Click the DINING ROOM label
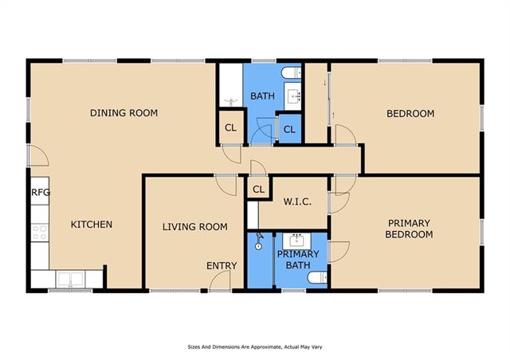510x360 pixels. point(124,113)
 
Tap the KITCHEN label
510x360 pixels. point(92,225)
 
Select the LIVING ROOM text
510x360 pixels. point(194,227)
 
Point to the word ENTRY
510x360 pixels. point(222,266)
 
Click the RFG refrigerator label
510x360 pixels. point(41,193)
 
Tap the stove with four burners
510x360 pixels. point(40,233)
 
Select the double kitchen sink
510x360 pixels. point(70,279)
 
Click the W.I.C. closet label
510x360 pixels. point(297,202)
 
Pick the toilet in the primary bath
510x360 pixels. point(317,278)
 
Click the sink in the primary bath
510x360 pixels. point(296,241)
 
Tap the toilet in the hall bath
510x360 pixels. point(292,72)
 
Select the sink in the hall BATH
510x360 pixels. point(292,96)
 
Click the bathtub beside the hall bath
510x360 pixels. point(231,85)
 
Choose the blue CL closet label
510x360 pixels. point(289,130)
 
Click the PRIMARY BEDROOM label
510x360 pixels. point(409,229)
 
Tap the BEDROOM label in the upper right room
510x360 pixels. point(410,114)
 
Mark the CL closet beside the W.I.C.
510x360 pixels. point(258,189)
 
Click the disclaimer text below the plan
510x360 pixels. point(255,347)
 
